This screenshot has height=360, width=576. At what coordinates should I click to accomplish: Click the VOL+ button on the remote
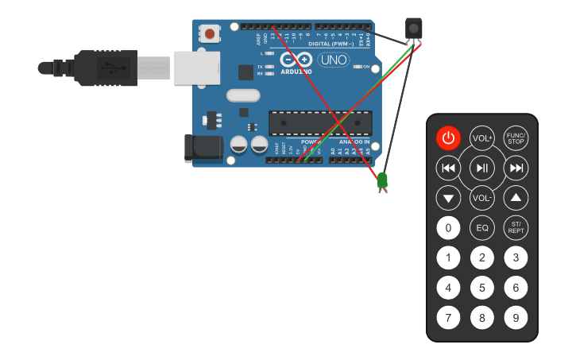pos(482,137)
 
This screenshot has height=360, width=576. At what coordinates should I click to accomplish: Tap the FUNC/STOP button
pos(516,137)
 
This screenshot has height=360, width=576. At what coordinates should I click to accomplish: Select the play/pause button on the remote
pos(482,168)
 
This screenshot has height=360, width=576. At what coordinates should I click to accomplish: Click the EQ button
pos(482,228)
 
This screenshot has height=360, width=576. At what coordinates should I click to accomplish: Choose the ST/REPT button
pos(516,228)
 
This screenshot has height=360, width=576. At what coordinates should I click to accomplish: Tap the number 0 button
pos(448,228)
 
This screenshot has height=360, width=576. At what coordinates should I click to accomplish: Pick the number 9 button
pos(516,319)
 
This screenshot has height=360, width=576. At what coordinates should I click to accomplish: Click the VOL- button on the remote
pos(482,198)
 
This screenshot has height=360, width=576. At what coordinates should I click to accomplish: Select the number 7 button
pos(448,319)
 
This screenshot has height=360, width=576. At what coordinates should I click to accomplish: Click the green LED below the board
pos(382,180)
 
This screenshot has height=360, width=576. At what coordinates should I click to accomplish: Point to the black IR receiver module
pos(413,29)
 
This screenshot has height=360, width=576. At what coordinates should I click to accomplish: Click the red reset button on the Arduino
pos(210,33)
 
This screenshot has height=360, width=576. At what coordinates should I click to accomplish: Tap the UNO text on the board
pos(333,60)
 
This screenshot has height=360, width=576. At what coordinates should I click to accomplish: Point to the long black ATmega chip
pos(320,123)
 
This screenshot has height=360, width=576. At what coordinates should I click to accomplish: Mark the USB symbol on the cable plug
pos(112,68)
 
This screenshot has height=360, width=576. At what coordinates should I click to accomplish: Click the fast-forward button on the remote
pos(516,168)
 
